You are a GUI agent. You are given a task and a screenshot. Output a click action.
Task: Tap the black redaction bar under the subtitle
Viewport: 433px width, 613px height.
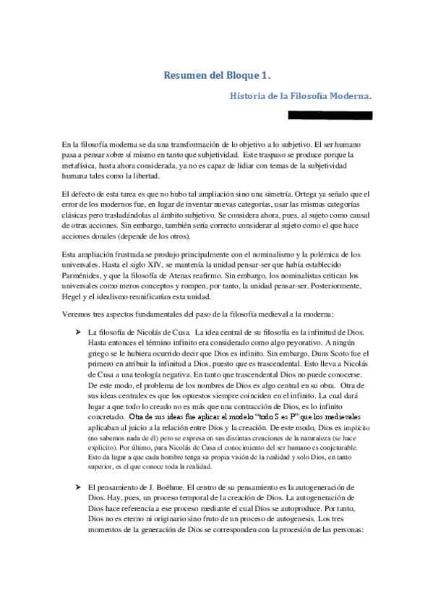[x=330, y=115]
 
